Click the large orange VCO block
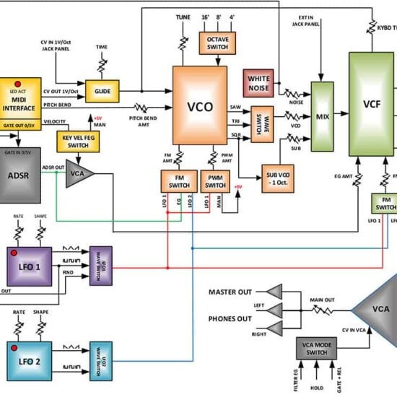coord(200,105)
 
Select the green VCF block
coord(371,103)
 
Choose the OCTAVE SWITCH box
coord(217,42)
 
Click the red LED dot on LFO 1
coord(14,254)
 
